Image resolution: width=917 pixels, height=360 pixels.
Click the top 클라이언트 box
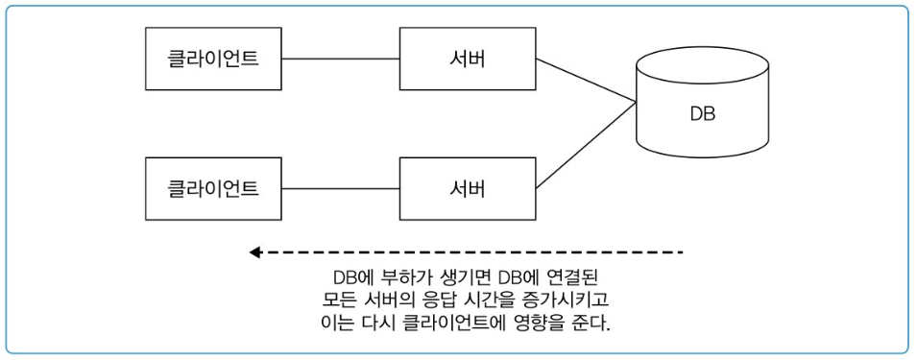click(213, 59)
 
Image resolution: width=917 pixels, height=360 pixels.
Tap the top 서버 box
click(468, 59)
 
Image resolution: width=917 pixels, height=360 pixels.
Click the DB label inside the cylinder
click(702, 114)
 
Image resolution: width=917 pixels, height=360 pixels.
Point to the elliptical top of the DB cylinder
click(702, 64)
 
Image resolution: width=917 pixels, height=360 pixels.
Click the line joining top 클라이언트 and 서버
click(342, 59)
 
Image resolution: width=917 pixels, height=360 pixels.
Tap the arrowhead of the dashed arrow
click(255, 252)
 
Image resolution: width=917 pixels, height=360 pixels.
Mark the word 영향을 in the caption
click(543, 321)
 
